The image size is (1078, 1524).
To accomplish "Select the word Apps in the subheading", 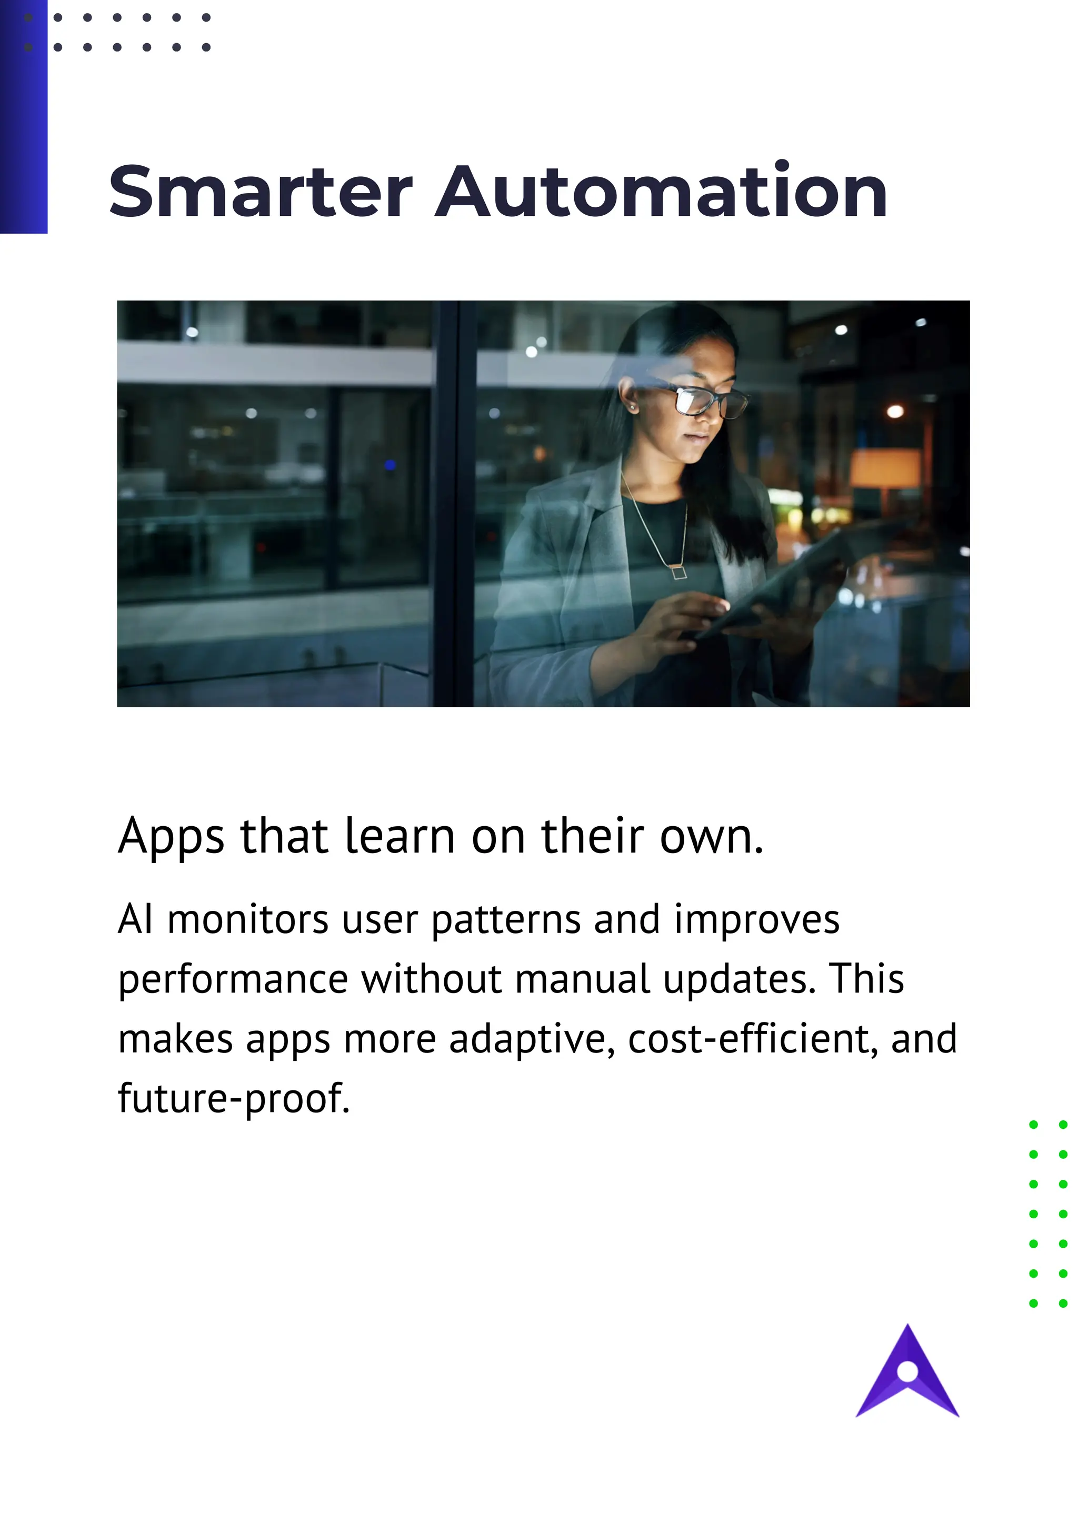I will click(171, 836).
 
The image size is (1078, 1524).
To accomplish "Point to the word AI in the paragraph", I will click(135, 920).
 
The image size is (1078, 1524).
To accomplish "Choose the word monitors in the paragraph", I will click(247, 920).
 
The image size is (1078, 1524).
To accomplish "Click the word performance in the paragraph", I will click(232, 980).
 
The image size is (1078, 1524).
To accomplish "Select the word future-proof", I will click(234, 1098).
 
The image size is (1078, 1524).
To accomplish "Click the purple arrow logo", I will click(907, 1377).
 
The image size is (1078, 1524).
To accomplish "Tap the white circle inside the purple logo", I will click(907, 1371).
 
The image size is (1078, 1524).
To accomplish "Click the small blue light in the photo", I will click(390, 465).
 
